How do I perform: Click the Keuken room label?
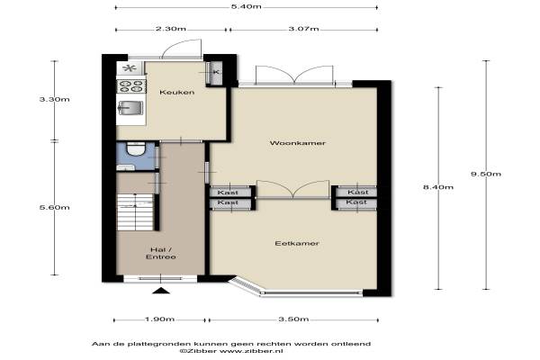click(176, 93)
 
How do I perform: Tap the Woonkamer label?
click(298, 143)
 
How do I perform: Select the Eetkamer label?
click(297, 243)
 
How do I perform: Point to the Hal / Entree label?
click(161, 253)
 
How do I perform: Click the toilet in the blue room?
click(136, 149)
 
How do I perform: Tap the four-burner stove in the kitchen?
click(130, 85)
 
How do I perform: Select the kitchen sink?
click(130, 109)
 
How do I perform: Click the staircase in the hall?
click(135, 211)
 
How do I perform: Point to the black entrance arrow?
click(161, 291)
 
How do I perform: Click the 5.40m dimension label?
click(246, 6)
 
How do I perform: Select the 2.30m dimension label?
click(171, 29)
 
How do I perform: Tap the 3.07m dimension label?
click(304, 29)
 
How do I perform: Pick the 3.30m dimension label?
click(54, 100)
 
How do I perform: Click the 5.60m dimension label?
click(54, 207)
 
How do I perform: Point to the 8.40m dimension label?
click(438, 187)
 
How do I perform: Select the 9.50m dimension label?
click(486, 174)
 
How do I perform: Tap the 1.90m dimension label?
click(159, 319)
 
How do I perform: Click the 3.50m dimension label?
click(293, 319)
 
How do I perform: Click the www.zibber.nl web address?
click(251, 351)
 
